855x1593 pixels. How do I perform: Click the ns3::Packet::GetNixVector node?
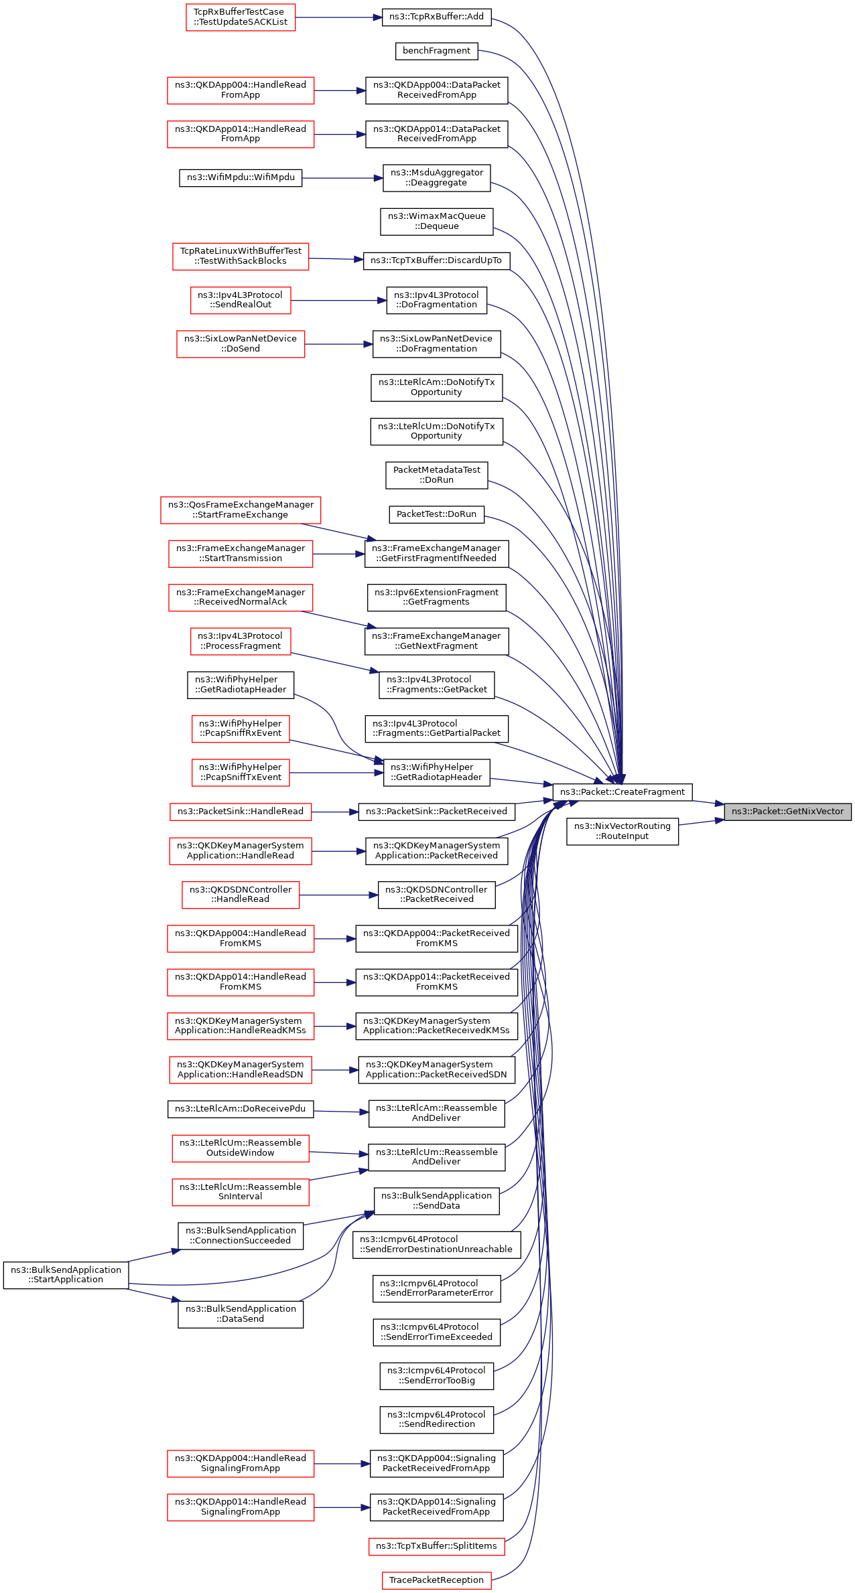787,812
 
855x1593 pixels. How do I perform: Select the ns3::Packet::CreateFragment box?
622,792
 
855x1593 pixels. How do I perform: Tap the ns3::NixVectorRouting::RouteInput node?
622,831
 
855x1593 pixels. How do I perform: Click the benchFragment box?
436,51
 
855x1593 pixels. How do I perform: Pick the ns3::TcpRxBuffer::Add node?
436,17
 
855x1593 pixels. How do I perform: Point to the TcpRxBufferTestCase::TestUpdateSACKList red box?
241,17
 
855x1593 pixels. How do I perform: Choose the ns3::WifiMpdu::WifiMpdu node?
241,177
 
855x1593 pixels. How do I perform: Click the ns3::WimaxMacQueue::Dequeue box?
436,221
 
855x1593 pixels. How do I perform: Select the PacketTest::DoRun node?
436,514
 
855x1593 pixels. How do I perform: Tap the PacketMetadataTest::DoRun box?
436,475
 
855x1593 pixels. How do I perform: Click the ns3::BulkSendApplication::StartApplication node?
66,1274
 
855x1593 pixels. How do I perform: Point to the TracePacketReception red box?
436,1580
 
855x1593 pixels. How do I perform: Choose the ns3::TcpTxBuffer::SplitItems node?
436,1545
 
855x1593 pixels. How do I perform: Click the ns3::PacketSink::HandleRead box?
241,812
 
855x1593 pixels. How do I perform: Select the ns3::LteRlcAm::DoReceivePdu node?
241,1109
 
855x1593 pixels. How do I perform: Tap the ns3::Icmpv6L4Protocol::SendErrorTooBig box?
436,1375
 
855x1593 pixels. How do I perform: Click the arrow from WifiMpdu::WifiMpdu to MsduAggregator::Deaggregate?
342,178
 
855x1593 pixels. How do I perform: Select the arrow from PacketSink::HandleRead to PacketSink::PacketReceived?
335,812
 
